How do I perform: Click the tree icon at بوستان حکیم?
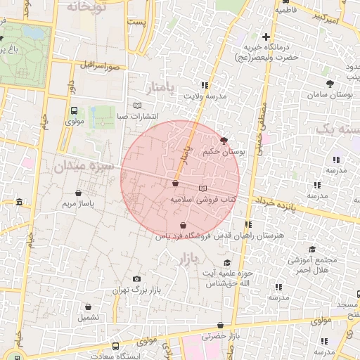pos(224,141)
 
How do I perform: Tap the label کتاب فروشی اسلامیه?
pos(200,200)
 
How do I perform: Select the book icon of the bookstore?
pos(203,188)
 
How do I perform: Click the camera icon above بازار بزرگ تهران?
pos(136,279)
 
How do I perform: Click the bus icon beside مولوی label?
pos(74,110)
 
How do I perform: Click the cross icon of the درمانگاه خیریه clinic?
pos(265,37)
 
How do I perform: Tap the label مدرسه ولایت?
pos(206,95)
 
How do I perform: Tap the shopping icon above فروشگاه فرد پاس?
pos(183,226)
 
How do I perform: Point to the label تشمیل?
pos(89,318)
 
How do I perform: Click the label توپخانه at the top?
pos(88,6)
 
